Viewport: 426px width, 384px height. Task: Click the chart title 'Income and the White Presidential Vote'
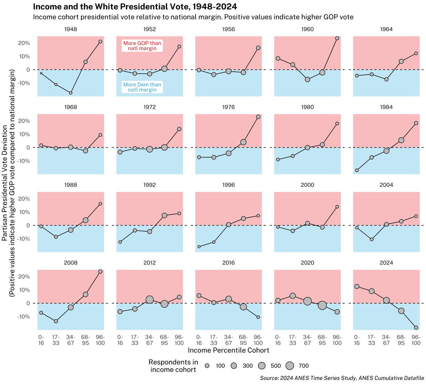(135, 7)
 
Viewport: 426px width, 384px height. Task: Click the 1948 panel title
(71, 29)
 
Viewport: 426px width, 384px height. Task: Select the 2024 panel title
(386, 263)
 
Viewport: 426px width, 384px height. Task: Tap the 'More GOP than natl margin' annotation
(142, 46)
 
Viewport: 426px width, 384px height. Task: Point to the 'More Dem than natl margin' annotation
(142, 87)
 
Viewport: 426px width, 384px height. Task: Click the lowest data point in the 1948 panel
(71, 93)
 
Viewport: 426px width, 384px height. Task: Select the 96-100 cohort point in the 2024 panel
(416, 328)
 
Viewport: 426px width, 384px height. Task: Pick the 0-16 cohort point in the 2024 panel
(357, 287)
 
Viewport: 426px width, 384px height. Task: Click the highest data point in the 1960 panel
(337, 38)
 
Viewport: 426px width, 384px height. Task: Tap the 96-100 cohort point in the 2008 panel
(100, 271)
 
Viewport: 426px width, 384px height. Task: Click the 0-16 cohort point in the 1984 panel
(357, 171)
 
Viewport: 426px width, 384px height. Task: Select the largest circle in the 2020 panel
(322, 305)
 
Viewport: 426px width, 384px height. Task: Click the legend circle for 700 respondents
(290, 366)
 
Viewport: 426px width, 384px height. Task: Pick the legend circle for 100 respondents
(207, 366)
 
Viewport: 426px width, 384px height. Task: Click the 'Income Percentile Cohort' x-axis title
(228, 351)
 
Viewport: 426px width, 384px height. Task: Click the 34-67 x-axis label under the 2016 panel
(228, 340)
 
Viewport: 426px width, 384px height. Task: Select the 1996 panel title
(228, 185)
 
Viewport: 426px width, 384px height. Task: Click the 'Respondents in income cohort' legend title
(173, 366)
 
